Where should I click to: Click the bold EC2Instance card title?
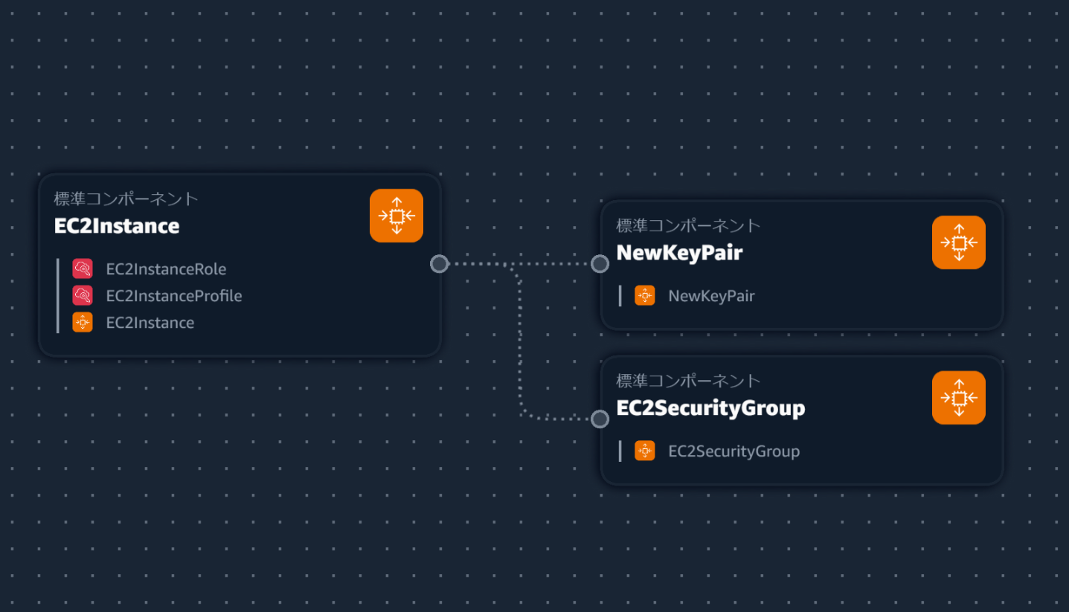(117, 226)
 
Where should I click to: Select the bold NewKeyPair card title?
(679, 253)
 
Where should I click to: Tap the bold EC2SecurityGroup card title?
(710, 408)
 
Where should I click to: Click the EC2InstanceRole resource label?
(166, 269)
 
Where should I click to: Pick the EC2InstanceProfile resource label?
(174, 296)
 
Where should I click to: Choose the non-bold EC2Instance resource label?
(150, 323)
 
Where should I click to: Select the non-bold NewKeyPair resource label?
(711, 296)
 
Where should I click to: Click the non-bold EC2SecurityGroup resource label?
(733, 451)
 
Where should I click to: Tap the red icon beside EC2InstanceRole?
(83, 268)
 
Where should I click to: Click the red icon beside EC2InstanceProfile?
(83, 295)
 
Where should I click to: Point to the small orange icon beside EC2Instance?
(83, 322)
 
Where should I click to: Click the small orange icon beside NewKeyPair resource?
(645, 295)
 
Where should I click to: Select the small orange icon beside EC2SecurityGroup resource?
(645, 451)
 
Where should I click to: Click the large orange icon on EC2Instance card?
(397, 216)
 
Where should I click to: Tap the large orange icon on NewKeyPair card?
(959, 242)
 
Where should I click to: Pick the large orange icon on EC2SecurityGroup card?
(959, 398)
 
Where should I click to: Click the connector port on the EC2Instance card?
(440, 264)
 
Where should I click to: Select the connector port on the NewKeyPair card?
(600, 264)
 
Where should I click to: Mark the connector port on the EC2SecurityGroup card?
(600, 419)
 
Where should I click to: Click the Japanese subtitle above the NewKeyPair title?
(688, 225)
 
